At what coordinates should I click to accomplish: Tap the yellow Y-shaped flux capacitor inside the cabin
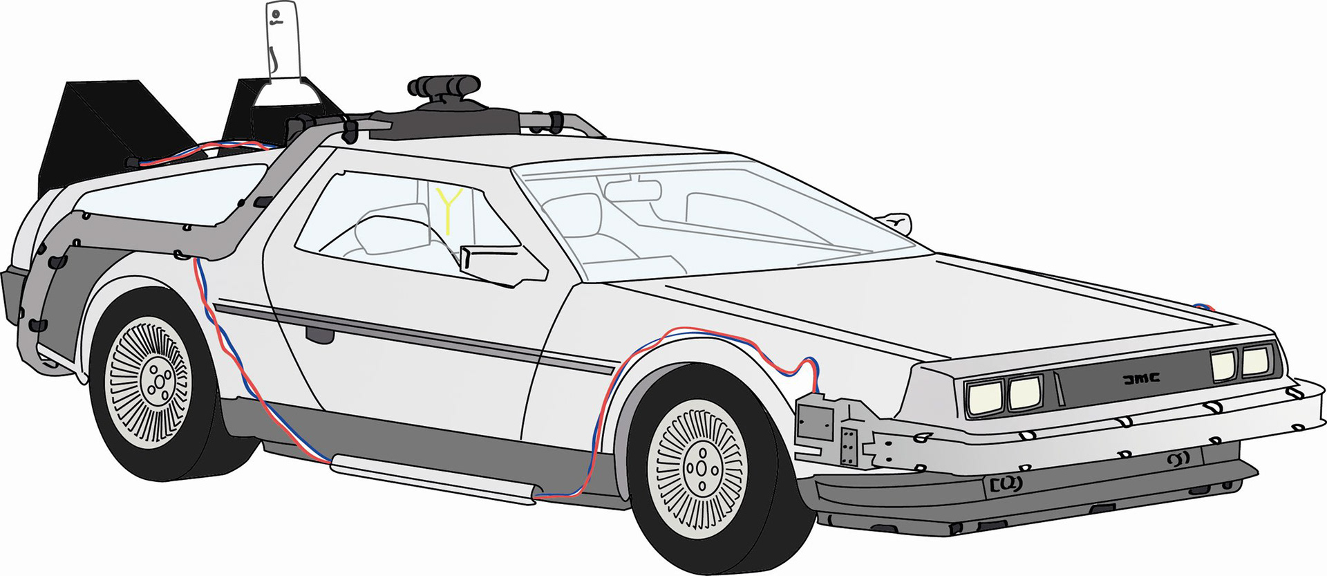tap(449, 207)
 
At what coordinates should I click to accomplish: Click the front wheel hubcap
tap(700, 468)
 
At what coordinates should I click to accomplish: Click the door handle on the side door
tap(320, 335)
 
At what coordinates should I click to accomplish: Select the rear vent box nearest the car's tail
tap(104, 131)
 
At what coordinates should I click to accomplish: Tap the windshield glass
tap(726, 214)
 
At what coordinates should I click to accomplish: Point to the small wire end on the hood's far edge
tap(1206, 306)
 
